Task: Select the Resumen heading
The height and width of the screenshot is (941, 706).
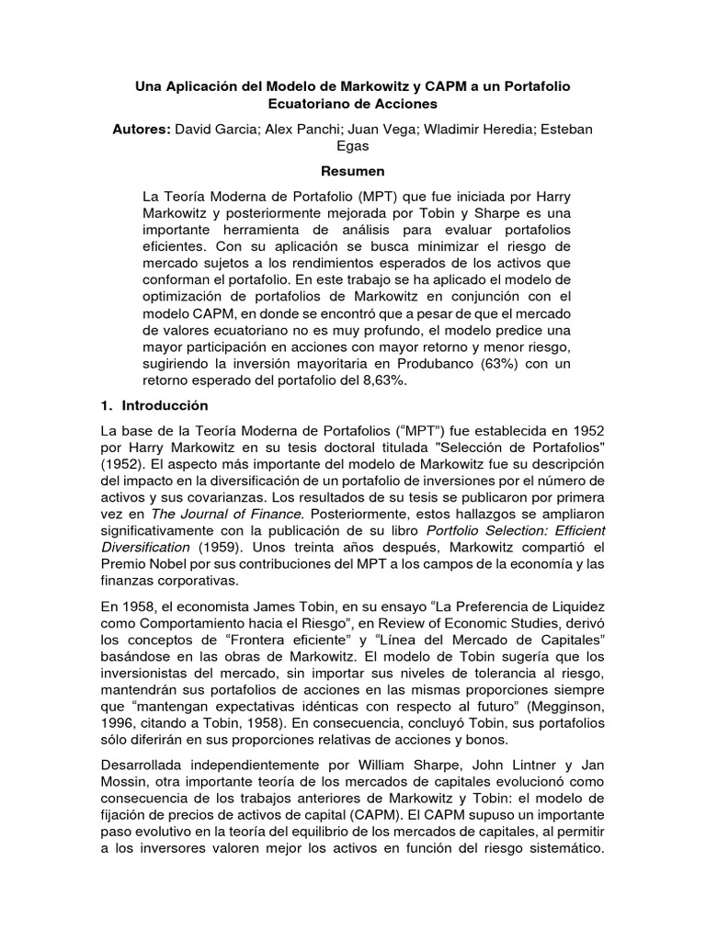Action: pos(352,171)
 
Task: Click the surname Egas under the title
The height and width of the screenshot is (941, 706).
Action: pos(352,148)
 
